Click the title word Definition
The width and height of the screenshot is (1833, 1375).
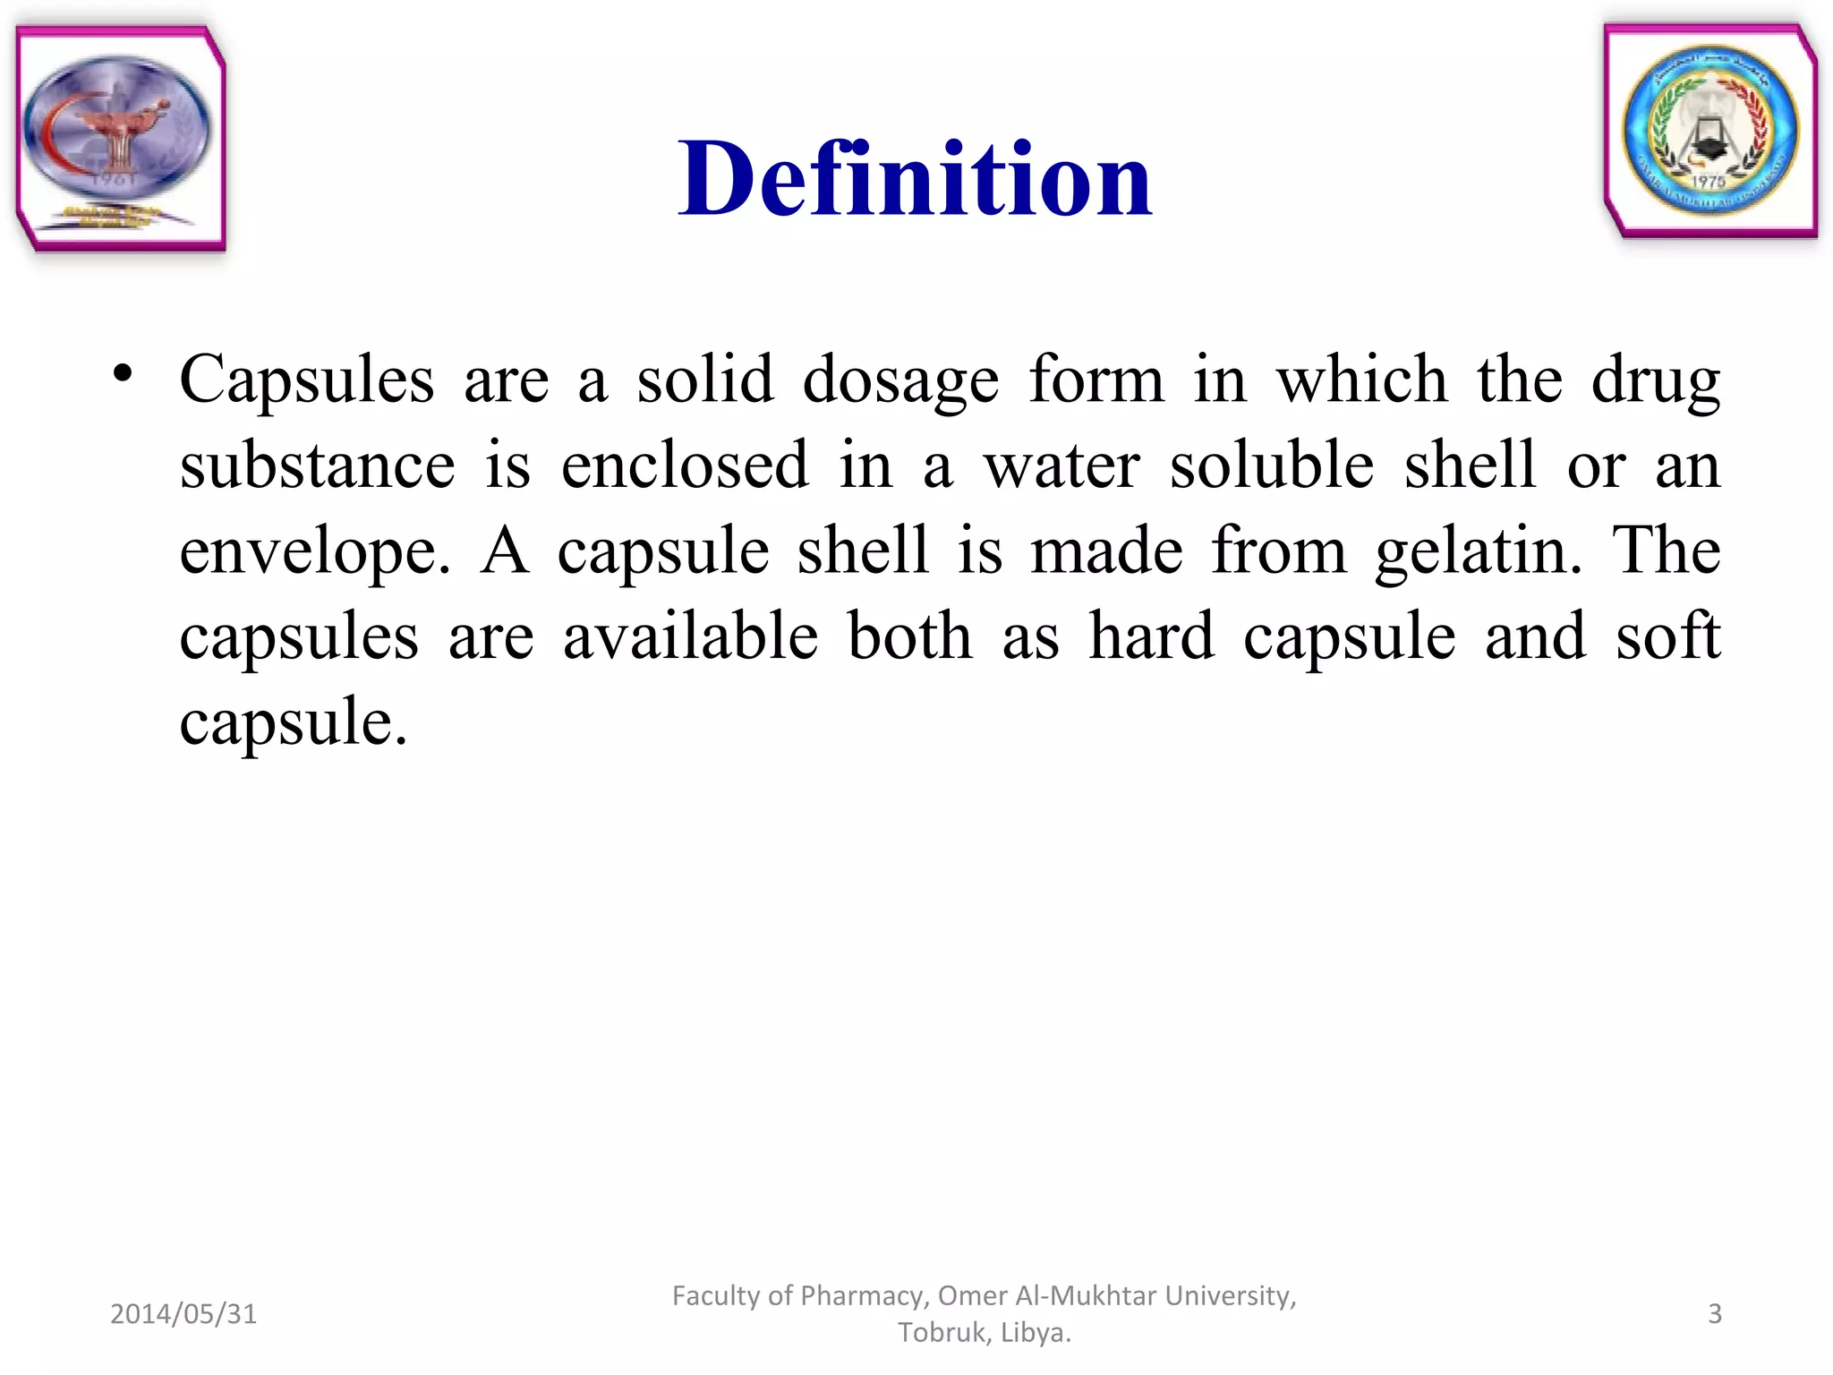click(x=915, y=179)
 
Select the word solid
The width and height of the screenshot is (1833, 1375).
click(x=704, y=380)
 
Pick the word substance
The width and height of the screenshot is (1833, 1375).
click(x=317, y=465)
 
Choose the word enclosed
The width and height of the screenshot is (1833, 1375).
click(x=685, y=465)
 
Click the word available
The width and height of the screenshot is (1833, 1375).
click(x=690, y=636)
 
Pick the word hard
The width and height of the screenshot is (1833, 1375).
click(x=1151, y=636)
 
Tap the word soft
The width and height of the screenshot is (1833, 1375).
click(x=1667, y=636)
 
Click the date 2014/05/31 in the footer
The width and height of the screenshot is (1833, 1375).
click(x=183, y=1314)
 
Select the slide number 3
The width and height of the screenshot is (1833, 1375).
click(x=1715, y=1314)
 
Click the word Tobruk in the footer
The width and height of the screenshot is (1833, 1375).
click(x=942, y=1333)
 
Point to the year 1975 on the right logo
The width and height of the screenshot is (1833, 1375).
click(x=1708, y=182)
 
